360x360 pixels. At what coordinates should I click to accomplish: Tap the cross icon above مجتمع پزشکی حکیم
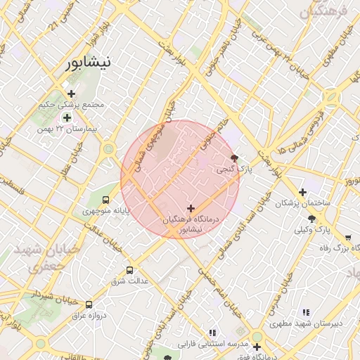tap(71, 94)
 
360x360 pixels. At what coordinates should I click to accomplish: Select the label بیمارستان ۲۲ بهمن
tap(70, 129)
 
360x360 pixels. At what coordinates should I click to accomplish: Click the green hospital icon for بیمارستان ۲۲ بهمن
tap(67, 117)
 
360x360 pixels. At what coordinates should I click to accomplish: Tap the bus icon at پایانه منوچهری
tap(105, 200)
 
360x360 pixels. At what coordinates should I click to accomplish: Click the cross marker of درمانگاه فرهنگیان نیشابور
tap(191, 208)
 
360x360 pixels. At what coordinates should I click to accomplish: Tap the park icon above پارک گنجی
tap(234, 158)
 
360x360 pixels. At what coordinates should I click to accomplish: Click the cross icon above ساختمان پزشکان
tap(302, 192)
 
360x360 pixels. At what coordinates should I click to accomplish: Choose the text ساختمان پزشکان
tap(302, 203)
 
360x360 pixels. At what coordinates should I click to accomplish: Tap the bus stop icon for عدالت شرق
tap(129, 270)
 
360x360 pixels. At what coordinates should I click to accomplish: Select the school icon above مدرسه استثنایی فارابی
tap(212, 333)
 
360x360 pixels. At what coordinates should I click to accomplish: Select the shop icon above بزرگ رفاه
tap(348, 237)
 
